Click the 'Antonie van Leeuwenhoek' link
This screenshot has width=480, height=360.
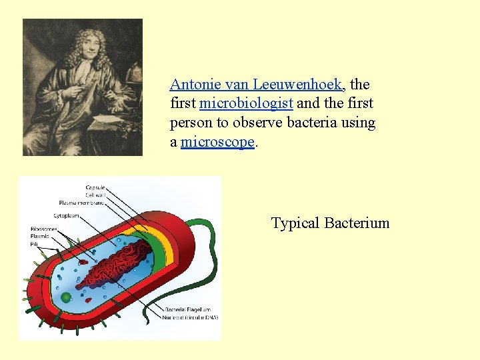pos(256,85)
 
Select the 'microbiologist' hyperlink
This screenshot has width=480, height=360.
pos(246,103)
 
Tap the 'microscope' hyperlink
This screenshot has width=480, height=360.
pos(217,142)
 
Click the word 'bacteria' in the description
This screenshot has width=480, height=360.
pos(313,123)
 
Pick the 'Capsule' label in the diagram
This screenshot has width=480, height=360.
pos(95,187)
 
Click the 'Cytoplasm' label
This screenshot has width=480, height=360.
pos(66,216)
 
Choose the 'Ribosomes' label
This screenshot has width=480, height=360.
pos(44,229)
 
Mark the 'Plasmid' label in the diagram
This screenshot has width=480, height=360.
pos(39,237)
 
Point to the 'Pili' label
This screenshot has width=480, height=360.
pos(34,244)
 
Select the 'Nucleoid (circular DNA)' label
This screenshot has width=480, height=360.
pos(191,317)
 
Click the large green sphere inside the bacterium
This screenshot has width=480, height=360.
pos(66,297)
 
